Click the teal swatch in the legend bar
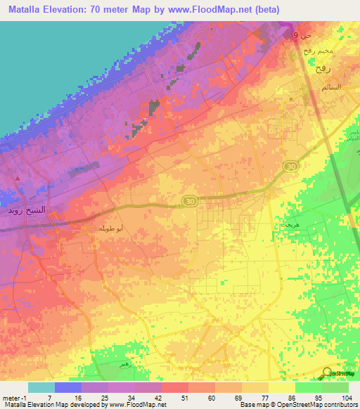(x=41, y=387)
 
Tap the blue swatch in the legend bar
(x=67, y=387)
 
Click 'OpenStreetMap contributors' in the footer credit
(x=307, y=405)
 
